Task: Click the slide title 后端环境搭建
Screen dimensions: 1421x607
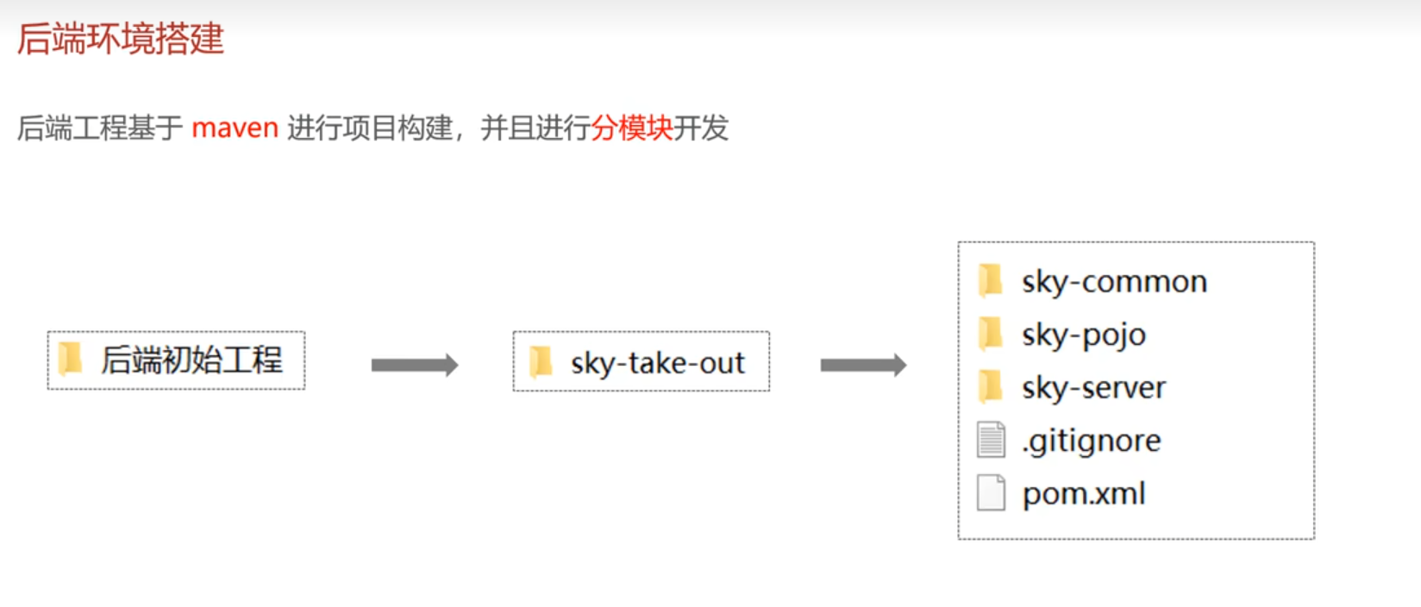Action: tap(121, 39)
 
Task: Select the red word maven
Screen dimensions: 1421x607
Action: tap(235, 128)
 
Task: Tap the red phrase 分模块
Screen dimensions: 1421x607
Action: tap(631, 128)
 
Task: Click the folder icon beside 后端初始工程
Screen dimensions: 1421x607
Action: tap(70, 359)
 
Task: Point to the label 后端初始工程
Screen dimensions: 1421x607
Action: tap(191, 360)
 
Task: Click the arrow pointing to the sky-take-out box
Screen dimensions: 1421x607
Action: tap(414, 366)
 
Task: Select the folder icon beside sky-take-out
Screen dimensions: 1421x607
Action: tap(541, 362)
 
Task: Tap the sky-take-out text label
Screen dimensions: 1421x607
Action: tap(657, 363)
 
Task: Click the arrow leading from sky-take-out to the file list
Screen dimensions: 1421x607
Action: tap(863, 366)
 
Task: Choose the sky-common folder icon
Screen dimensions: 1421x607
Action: tap(991, 280)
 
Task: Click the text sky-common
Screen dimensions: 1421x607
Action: tap(1114, 282)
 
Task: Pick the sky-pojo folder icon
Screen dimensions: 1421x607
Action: tap(991, 333)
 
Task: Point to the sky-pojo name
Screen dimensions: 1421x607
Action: tap(1084, 335)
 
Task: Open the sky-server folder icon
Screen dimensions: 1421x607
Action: tap(991, 386)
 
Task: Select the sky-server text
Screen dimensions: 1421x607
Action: tap(1093, 388)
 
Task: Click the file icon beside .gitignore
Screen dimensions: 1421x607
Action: tap(991, 440)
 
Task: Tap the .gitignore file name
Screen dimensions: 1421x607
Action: tap(1092, 441)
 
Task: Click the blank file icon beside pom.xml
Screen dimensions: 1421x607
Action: tap(991, 493)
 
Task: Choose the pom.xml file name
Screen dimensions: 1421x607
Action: tap(1084, 494)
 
